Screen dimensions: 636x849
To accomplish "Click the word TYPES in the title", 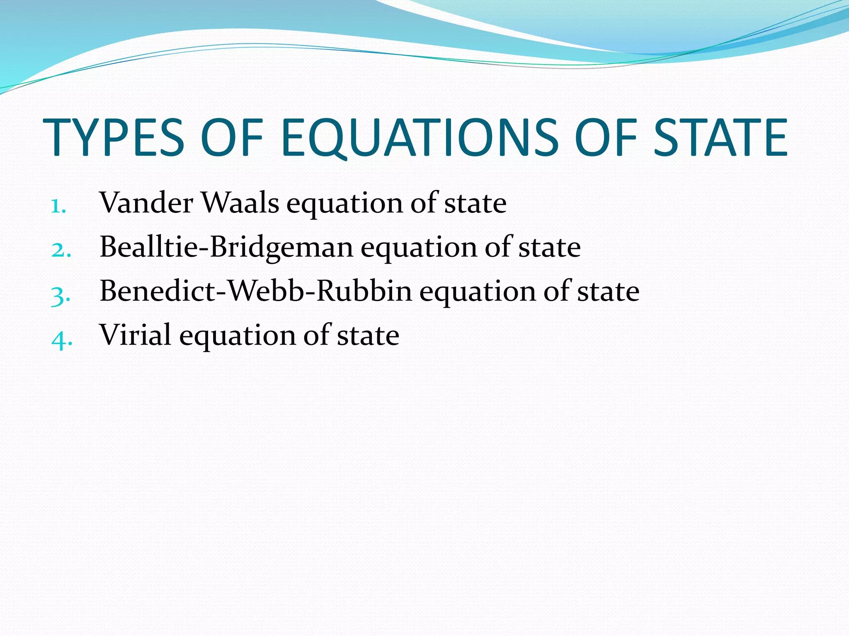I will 113,137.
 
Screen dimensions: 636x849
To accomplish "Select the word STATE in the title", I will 720,137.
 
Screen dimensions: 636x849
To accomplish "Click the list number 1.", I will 58,206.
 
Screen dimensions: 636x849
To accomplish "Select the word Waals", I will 240,203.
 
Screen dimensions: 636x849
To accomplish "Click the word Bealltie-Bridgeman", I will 226,247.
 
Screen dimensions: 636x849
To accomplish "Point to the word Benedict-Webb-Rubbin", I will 256,291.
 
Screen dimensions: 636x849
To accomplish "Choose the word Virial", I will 135,335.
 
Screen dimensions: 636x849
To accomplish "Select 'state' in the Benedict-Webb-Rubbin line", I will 608,292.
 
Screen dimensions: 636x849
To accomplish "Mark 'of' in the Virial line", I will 317,335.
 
